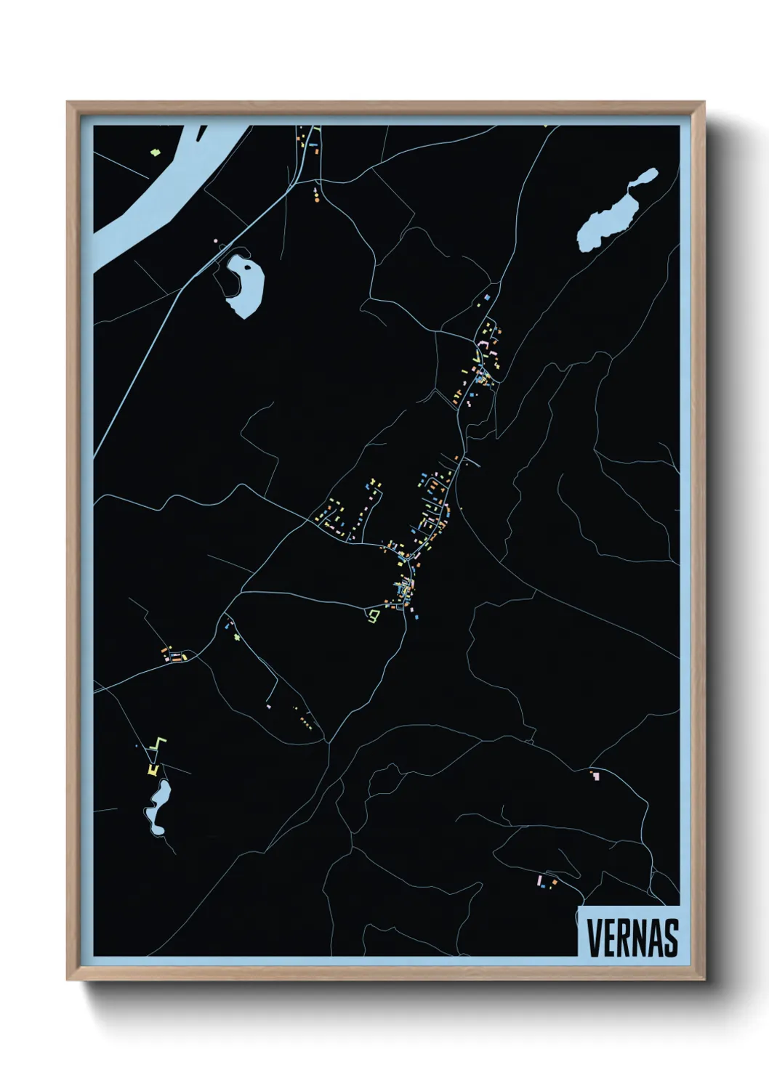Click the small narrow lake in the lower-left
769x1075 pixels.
157,806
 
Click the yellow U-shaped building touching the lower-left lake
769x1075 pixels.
153,769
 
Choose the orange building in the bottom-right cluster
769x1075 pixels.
554,883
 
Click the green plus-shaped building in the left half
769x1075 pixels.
237,638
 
